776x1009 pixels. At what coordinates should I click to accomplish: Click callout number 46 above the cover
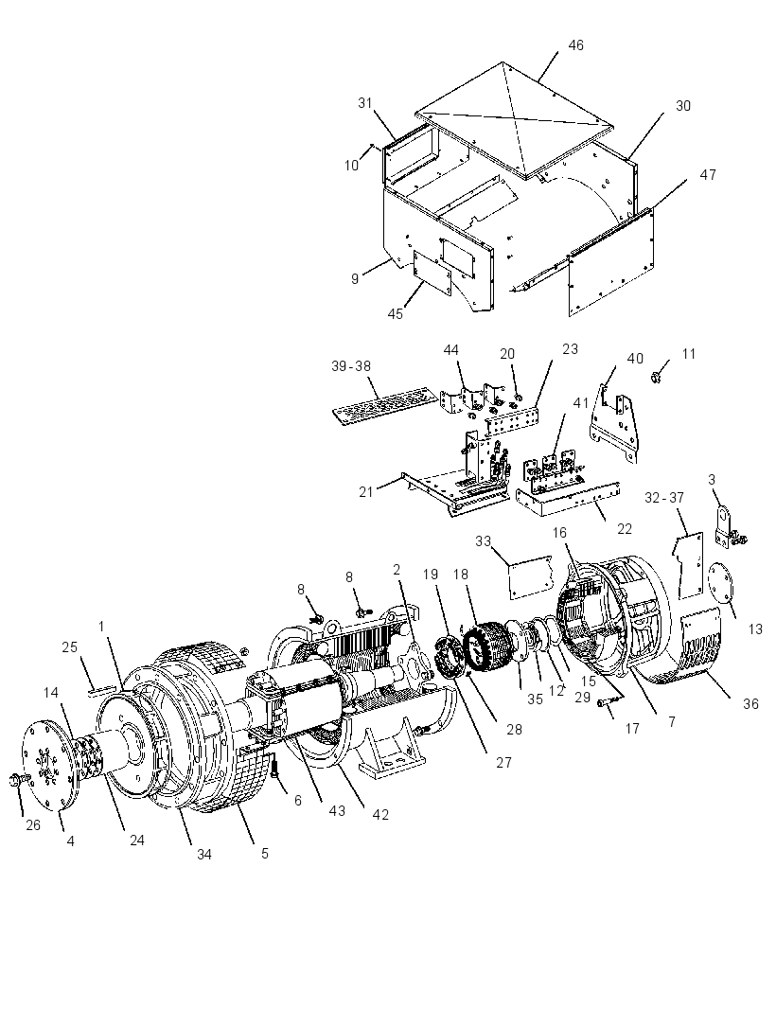tap(576, 45)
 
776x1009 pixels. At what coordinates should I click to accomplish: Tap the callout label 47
tap(708, 175)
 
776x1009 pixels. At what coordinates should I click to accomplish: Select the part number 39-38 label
tap(351, 366)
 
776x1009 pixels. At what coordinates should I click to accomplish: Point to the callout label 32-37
tap(664, 498)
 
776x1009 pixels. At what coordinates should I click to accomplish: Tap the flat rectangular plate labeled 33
tap(530, 576)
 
